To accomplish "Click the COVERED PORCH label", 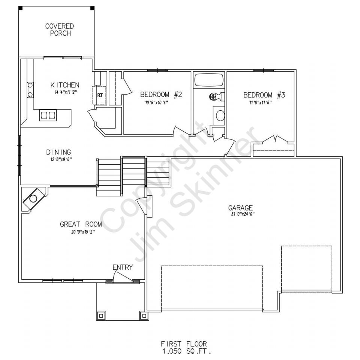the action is (60, 30).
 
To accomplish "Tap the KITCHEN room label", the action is (65, 85).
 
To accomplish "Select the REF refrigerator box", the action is (99, 95).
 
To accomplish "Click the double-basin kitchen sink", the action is (48, 115).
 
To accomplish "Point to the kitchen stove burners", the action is (30, 90).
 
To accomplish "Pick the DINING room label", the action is (58, 152).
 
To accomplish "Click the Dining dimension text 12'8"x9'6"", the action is (61, 159).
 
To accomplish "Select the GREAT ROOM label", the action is (81, 224).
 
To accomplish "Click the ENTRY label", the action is (123, 267).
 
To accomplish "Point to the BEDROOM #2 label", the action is (161, 94).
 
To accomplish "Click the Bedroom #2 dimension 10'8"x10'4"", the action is (157, 103).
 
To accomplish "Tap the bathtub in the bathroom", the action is (209, 79).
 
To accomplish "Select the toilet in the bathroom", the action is (216, 96).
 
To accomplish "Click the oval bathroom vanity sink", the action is (220, 115).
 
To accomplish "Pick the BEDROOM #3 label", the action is (264, 95).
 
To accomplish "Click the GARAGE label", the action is (240, 208).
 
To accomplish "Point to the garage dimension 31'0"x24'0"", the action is (243, 214).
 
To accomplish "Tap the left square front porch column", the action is (101, 316).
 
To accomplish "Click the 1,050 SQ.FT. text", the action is (186, 351).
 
